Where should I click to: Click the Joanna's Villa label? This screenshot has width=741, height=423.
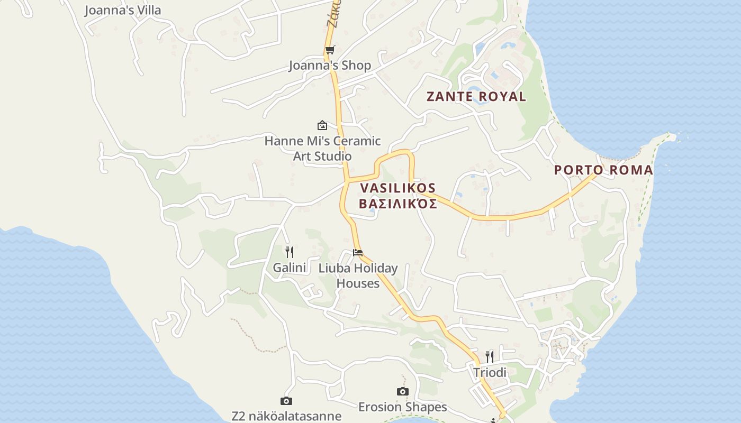point(122,10)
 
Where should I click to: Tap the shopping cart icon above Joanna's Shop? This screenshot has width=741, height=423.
point(330,50)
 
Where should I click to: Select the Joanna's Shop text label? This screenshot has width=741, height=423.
point(330,66)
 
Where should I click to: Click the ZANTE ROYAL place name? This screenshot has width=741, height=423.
point(476,97)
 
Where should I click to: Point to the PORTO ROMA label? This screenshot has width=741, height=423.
point(603,170)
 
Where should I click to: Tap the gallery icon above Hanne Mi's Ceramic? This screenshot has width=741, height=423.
point(322,125)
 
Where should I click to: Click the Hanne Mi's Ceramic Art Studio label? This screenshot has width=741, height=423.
point(322,149)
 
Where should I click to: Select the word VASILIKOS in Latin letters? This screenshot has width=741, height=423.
point(398,188)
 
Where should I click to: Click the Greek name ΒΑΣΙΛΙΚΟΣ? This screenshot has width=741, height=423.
point(398,204)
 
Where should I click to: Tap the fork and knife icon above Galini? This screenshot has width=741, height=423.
point(290,252)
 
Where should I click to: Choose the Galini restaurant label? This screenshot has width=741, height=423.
point(290,268)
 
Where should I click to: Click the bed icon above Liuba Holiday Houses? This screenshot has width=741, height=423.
point(358,253)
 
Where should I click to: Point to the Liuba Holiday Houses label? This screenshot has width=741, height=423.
point(358,275)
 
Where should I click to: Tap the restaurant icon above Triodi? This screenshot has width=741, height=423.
point(490,357)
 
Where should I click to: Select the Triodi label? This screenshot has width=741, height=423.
point(490,373)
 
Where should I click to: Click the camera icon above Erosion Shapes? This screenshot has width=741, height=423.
point(403,392)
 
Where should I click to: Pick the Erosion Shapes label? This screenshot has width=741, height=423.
point(403,407)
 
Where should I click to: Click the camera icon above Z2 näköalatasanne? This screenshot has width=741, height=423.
point(286,401)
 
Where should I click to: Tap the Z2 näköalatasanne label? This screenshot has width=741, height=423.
point(286,416)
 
